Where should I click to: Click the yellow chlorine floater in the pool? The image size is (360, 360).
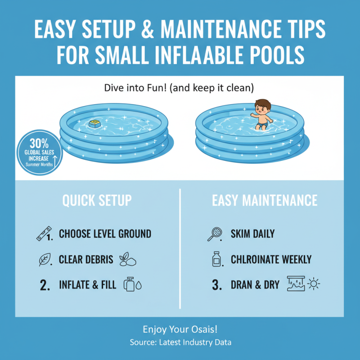95,123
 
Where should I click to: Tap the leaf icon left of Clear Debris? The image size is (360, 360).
45,260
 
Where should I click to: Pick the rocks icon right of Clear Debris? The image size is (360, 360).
127,260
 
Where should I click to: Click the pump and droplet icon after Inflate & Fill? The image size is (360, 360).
132,285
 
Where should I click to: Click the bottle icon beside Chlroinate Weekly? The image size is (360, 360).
216,259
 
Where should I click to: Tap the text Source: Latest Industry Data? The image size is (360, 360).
180,342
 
